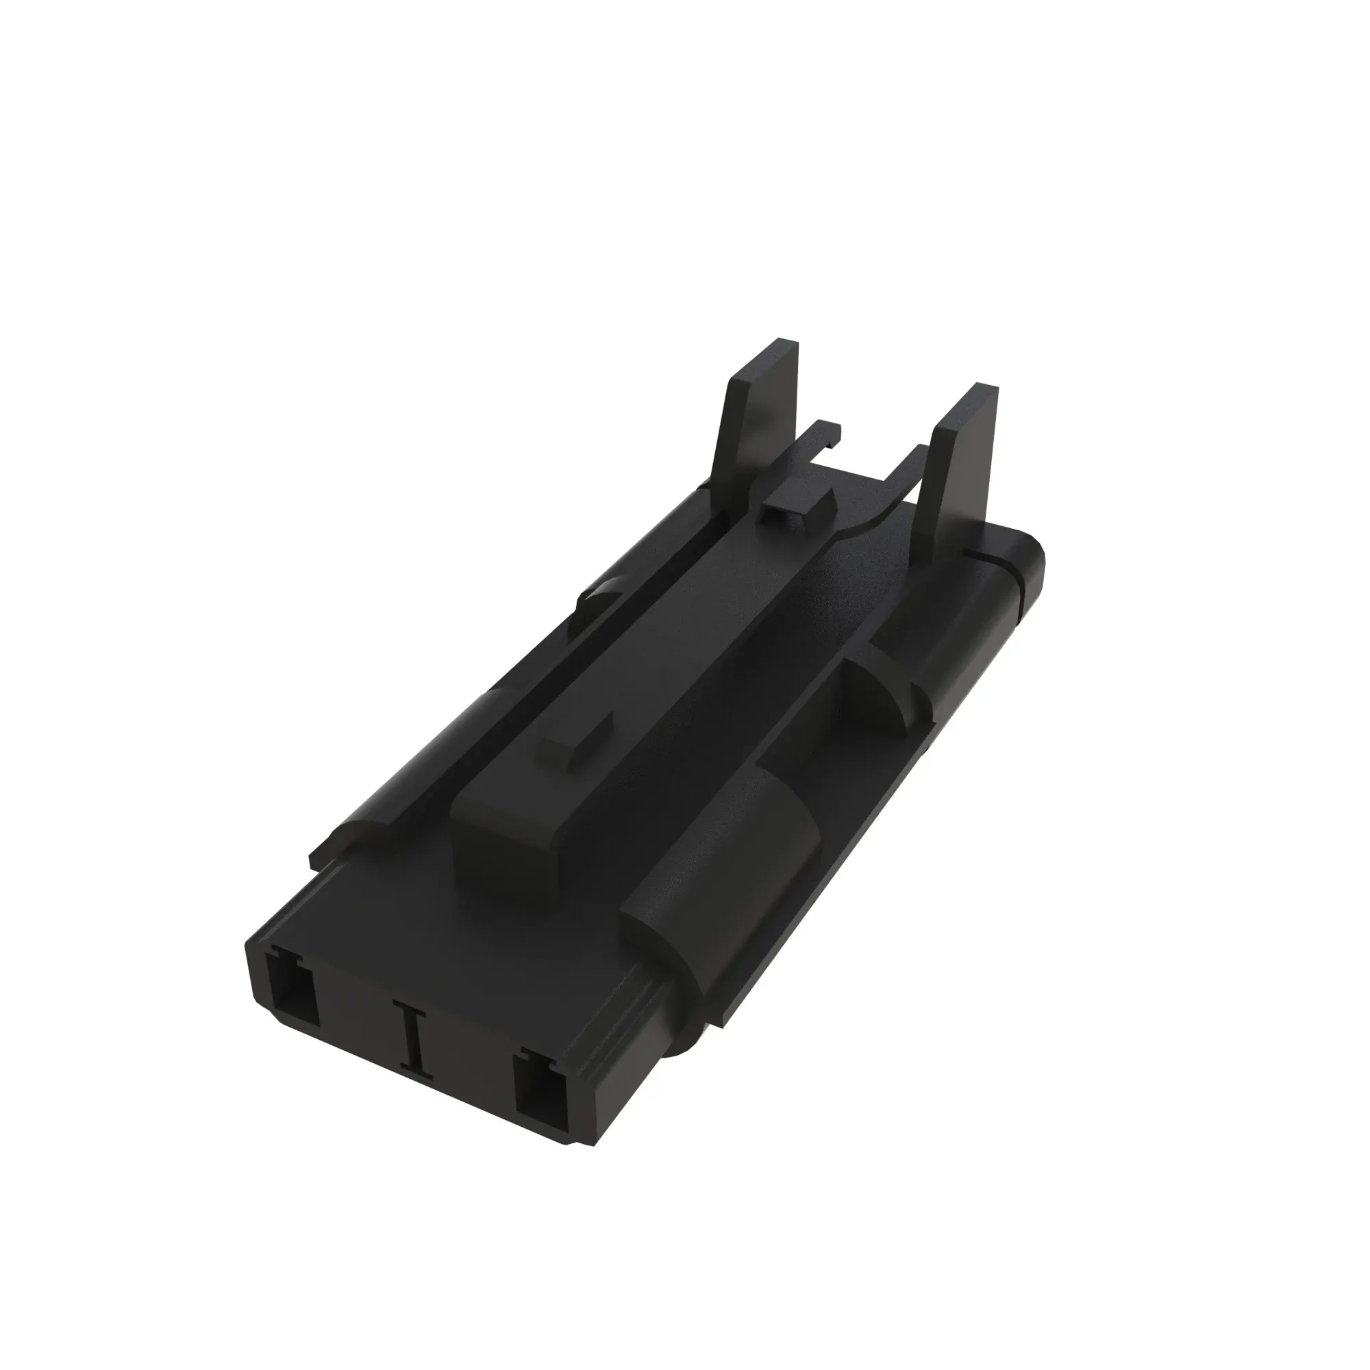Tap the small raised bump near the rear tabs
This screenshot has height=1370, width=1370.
798,499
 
